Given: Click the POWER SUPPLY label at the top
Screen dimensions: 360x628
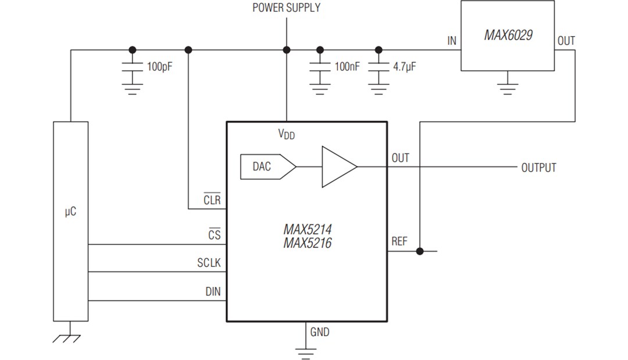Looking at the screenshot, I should [286, 8].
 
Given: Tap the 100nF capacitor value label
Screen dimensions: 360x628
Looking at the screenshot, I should [347, 67].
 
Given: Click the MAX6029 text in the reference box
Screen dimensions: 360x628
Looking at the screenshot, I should [508, 35].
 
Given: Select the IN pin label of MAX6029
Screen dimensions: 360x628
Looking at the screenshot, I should [452, 41].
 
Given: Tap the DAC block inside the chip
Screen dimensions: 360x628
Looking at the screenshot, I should [263, 167].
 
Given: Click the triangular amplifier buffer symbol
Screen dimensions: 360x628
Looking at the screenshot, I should [338, 167].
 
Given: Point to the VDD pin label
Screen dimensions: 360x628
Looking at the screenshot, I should [286, 134].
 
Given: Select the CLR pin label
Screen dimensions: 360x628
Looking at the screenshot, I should [212, 200].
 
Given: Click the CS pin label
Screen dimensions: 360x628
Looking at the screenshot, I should [214, 236].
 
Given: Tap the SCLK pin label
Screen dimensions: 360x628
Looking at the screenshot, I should [209, 263].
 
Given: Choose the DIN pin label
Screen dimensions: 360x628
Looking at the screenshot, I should [213, 291].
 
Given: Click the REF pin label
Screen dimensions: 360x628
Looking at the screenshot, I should [399, 241].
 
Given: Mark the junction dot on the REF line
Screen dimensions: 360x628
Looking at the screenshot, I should [420, 251].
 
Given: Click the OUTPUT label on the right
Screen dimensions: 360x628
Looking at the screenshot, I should [538, 167].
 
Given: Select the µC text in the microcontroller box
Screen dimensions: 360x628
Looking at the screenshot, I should [70, 212].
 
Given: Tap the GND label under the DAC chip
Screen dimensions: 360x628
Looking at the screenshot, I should [320, 332].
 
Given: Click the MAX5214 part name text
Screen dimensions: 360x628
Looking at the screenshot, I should [307, 229].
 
